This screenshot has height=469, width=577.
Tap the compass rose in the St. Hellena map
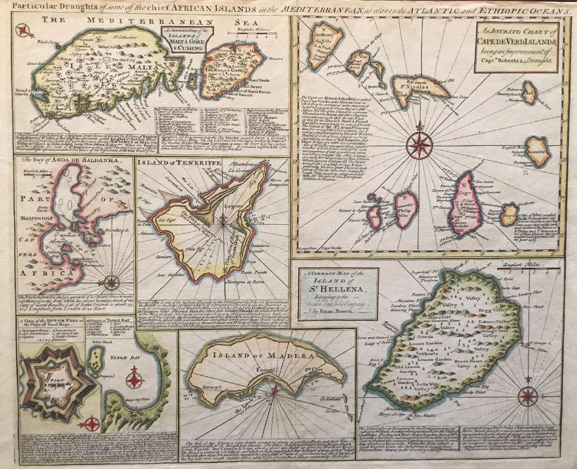526,395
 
